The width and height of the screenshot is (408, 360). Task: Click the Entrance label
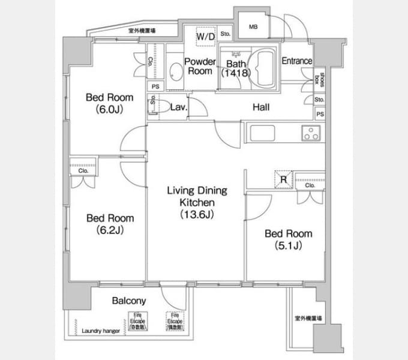(x=297, y=61)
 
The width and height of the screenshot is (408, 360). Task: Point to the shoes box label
(x=321, y=79)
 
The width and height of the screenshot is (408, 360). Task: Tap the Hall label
(x=260, y=108)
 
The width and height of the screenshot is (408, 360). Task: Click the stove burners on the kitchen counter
(x=311, y=133)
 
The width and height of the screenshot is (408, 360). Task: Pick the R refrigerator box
(x=282, y=178)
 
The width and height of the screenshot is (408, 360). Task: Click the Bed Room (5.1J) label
(x=289, y=239)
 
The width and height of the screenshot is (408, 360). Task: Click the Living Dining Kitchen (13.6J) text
(x=197, y=202)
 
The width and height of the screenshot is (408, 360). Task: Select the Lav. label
(x=179, y=108)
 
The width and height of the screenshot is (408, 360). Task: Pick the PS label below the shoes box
(x=320, y=114)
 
